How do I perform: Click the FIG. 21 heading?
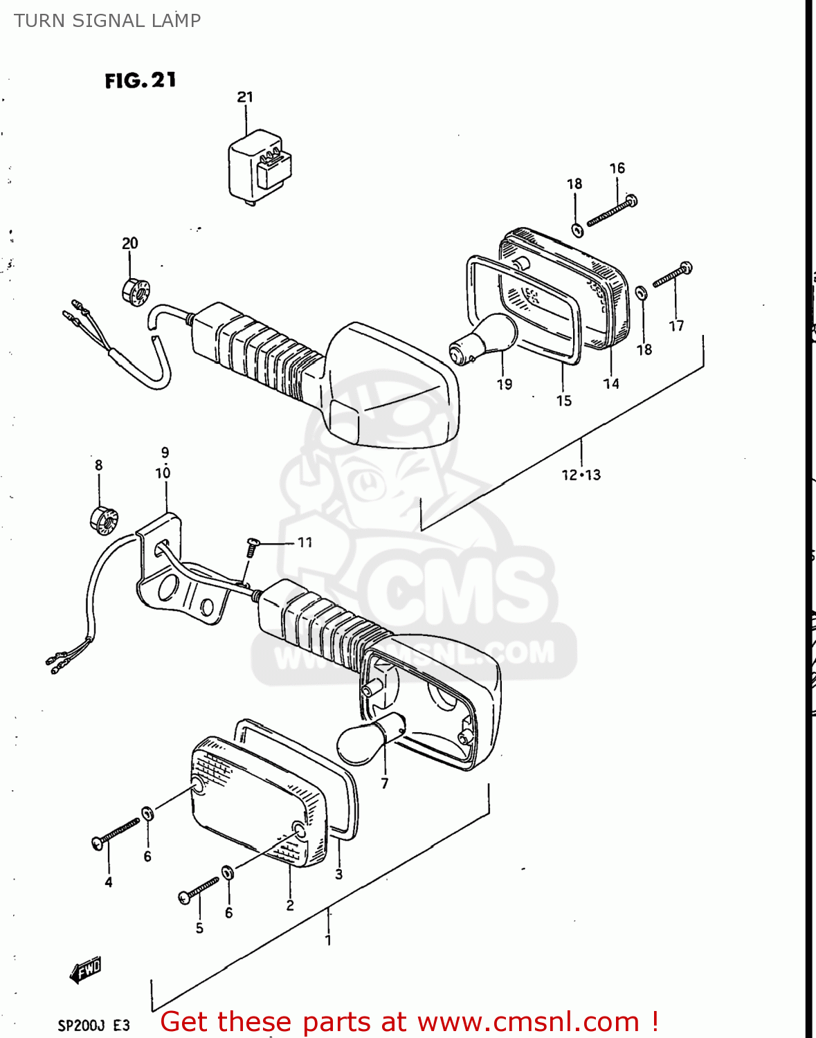click(140, 80)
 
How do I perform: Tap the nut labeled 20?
click(134, 291)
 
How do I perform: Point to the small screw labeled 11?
click(252, 547)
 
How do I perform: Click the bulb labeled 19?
click(484, 339)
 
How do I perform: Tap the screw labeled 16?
click(612, 211)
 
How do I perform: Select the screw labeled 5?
click(199, 890)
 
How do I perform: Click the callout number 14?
click(611, 383)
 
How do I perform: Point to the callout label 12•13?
click(581, 475)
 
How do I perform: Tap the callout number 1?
click(328, 940)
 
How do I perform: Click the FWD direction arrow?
click(86, 970)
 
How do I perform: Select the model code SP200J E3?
click(93, 1025)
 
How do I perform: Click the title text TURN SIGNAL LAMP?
click(107, 21)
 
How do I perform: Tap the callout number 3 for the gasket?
click(338, 874)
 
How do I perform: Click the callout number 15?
click(563, 401)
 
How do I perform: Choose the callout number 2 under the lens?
click(290, 905)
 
